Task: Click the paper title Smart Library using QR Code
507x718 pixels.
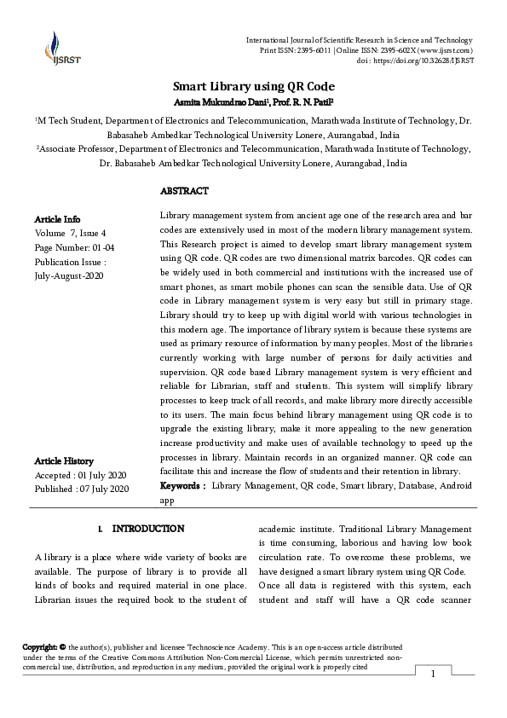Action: click(254, 87)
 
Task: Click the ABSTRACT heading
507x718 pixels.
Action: click(184, 191)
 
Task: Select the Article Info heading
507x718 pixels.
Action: click(58, 218)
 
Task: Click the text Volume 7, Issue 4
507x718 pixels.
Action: click(71, 233)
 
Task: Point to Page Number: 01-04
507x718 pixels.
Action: click(73, 247)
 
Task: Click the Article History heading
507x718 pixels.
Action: click(64, 460)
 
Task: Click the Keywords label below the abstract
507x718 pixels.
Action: click(182, 485)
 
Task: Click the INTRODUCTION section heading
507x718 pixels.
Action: click(147, 529)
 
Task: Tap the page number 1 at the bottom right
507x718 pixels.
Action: click(433, 675)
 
